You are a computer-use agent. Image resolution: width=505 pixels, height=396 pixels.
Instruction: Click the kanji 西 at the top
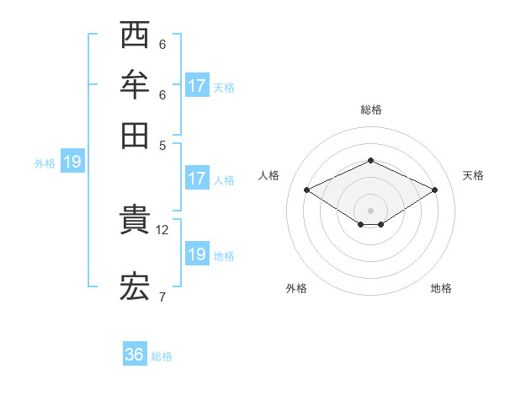coord(135,36)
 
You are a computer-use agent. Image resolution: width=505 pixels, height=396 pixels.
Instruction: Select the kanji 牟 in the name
coord(135,85)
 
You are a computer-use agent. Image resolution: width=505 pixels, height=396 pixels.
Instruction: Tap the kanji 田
coord(135,133)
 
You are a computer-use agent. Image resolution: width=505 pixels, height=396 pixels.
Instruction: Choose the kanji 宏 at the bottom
coord(135,287)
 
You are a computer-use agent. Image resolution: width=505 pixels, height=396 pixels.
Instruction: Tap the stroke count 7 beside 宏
coord(162,297)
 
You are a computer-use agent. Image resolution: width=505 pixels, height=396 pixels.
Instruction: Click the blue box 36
coord(135,355)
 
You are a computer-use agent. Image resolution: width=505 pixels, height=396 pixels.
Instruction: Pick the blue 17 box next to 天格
coord(197,85)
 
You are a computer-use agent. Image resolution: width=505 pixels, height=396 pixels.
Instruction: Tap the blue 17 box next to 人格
coord(197,179)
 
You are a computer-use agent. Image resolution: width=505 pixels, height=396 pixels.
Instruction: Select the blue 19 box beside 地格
coord(197,254)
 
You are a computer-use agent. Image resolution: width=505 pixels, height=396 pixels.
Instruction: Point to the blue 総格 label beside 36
coord(162,356)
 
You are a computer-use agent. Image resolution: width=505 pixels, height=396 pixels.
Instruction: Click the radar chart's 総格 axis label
coord(370,110)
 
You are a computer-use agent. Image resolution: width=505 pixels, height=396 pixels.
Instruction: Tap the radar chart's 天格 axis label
coord(473,175)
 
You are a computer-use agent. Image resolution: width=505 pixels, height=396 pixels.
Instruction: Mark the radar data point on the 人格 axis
coord(307,190)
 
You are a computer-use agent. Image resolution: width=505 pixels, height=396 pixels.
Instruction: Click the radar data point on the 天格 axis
coord(434,190)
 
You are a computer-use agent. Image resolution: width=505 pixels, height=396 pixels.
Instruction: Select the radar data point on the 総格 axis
coord(370,160)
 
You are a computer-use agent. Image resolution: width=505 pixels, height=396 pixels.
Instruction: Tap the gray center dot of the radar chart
coord(370,210)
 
